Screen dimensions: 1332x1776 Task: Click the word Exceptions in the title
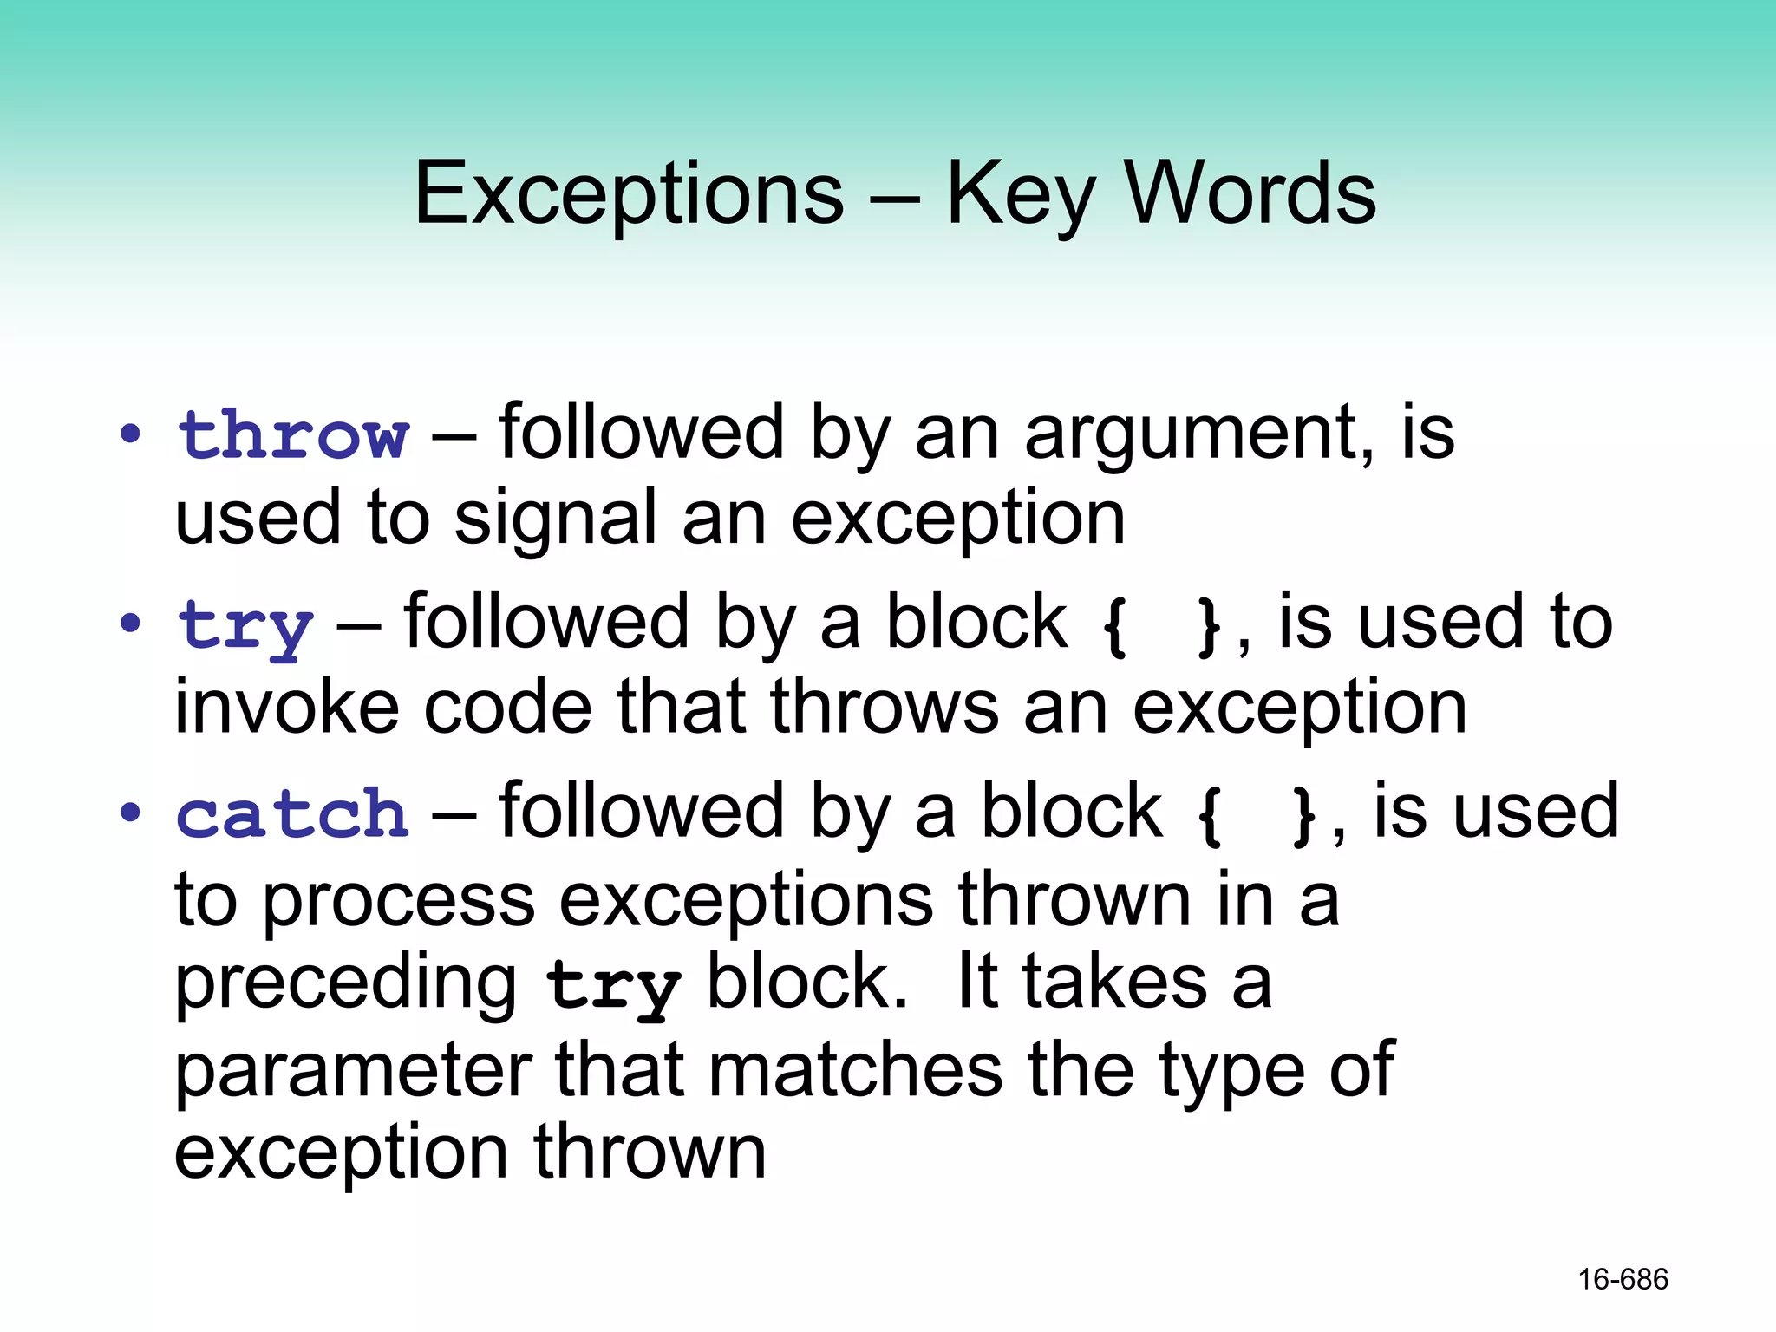(629, 194)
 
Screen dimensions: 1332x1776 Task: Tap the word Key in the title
(1020, 194)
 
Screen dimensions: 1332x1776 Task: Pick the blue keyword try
(245, 626)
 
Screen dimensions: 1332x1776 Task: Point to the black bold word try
(612, 986)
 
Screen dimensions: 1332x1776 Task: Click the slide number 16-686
(1623, 1279)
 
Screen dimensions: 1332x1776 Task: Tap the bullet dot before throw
(130, 434)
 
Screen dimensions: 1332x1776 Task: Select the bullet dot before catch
(130, 813)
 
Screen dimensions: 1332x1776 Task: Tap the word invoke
(287, 708)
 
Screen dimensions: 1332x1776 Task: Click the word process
(399, 902)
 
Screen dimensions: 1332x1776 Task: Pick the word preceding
(346, 985)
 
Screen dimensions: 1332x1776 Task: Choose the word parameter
(353, 1072)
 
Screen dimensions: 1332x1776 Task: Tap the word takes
(1114, 983)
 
